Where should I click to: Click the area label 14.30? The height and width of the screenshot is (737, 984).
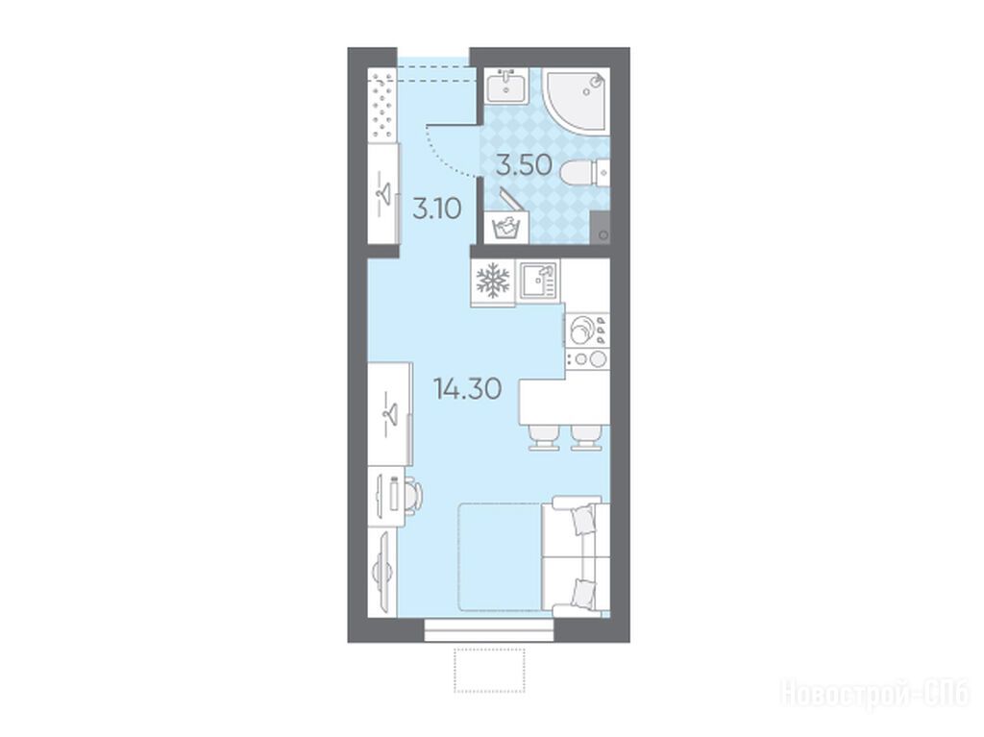[x=467, y=389]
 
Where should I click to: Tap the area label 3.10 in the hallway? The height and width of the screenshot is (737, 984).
[x=437, y=208]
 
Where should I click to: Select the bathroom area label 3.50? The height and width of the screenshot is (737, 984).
[x=524, y=165]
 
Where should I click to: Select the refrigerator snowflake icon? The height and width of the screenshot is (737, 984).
[x=493, y=280]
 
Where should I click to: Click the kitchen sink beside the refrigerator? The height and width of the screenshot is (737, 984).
[x=538, y=281]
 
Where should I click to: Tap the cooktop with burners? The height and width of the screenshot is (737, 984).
[x=587, y=339]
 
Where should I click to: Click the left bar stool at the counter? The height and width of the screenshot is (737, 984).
[x=544, y=437]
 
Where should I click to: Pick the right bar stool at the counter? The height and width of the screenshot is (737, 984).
[x=586, y=437]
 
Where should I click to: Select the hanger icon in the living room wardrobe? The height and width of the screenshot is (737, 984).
[x=390, y=413]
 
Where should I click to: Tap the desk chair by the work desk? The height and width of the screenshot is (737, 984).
[x=411, y=495]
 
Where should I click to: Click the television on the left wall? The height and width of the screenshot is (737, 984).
[x=384, y=572]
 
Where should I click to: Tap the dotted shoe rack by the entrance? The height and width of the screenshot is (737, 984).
[x=382, y=106]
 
